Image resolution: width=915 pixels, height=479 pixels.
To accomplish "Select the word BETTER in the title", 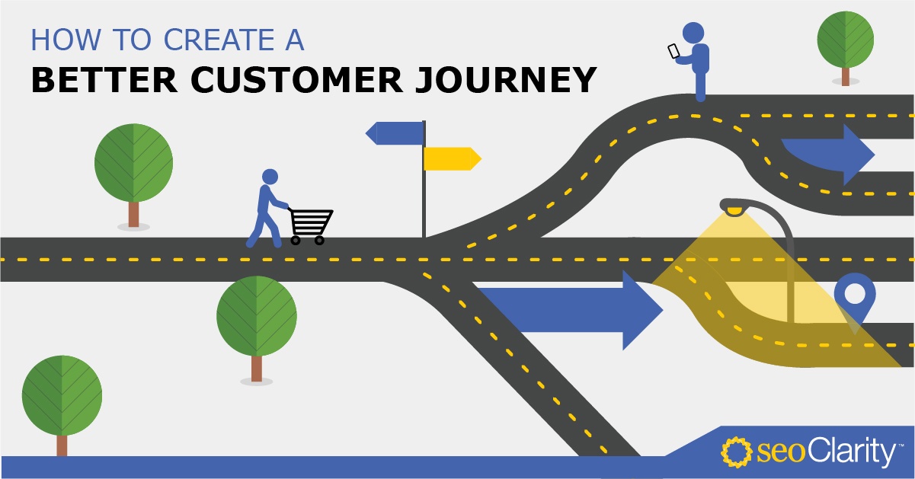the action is coord(104,80).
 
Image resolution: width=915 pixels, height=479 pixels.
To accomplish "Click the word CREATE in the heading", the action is coord(219,40).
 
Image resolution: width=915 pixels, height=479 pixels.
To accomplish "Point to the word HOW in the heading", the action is coord(66,40).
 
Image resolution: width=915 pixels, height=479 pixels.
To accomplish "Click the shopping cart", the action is coord(310,225).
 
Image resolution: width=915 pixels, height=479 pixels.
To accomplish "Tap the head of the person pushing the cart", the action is coord(270,177).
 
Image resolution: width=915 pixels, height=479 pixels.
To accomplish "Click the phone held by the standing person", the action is coord(673,51).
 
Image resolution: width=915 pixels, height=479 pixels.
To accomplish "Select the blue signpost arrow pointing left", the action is coord(395,133).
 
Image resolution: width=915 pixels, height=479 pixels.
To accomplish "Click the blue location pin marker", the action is coord(855,298).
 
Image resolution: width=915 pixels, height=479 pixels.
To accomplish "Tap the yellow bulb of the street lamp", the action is coord(734,212).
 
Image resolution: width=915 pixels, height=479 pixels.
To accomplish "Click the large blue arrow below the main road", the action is coord(570,310).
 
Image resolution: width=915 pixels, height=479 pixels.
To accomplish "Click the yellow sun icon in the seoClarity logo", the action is coord(736,452).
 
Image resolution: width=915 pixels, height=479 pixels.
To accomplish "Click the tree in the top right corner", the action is coord(846,48).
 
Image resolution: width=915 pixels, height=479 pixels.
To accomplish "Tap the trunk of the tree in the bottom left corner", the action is coord(62,445).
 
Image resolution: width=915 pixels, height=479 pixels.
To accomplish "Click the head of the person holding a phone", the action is coord(693,32).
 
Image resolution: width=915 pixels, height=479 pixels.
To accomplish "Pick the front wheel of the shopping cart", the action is coord(319,240).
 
